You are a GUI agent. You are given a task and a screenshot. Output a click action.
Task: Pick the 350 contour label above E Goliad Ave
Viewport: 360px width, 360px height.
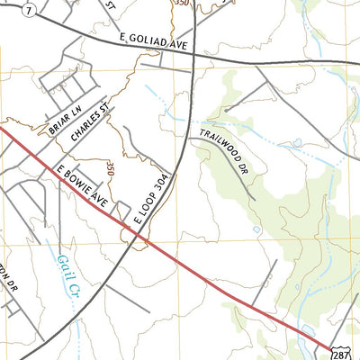click(182, 4)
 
